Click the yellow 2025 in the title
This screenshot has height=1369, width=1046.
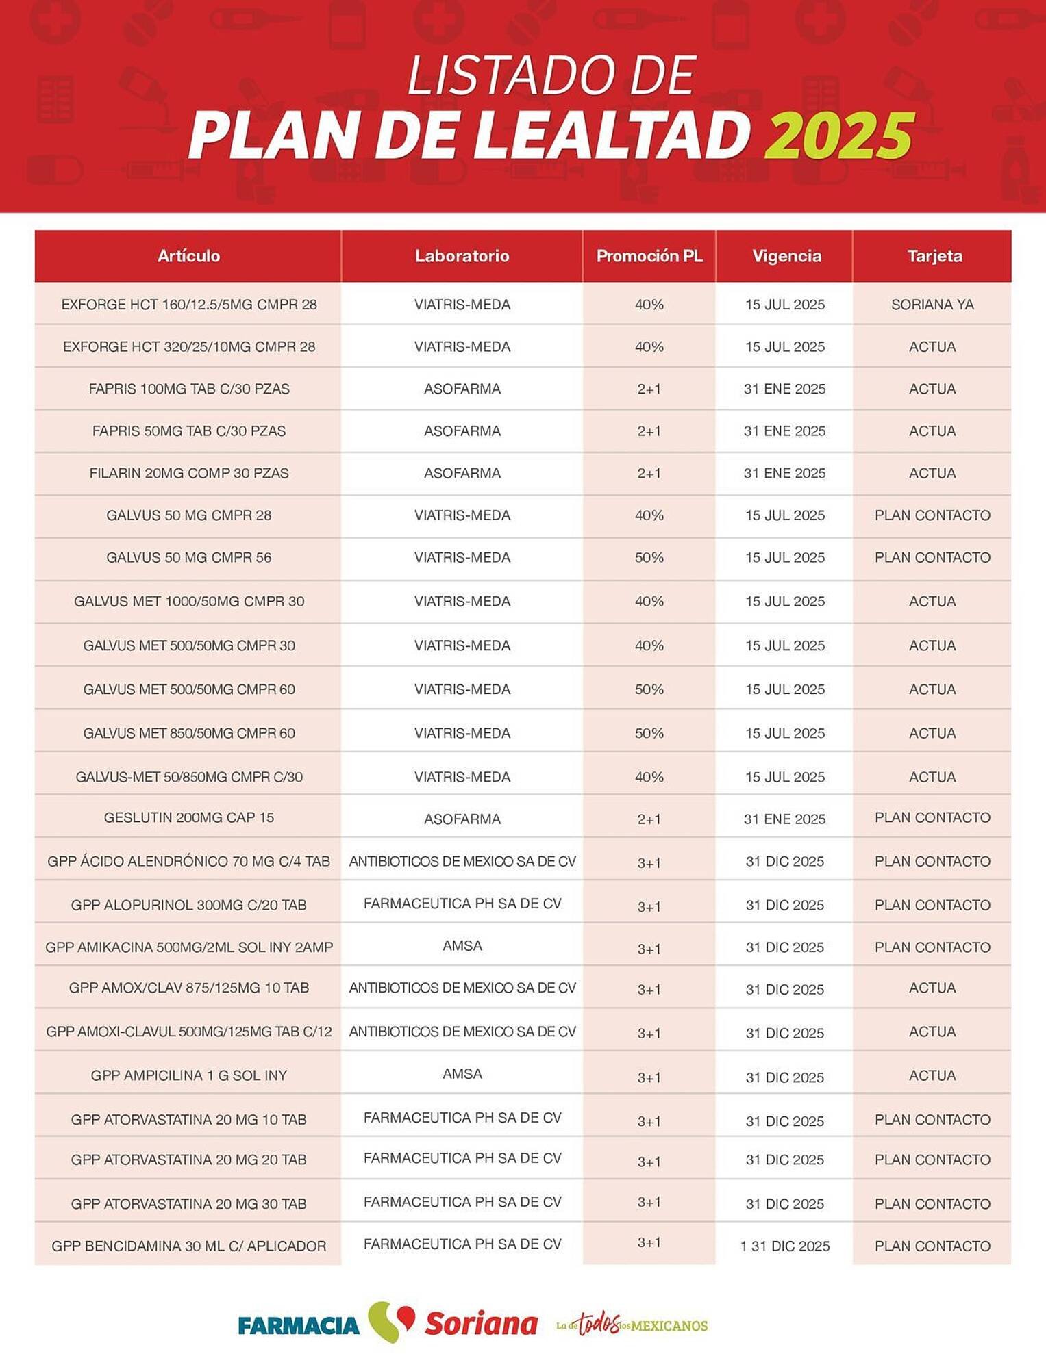838,135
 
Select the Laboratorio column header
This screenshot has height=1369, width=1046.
462,256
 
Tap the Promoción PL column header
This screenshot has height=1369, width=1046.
649,256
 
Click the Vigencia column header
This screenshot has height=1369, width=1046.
786,256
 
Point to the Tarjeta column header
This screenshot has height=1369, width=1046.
934,256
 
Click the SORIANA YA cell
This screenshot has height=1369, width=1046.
932,305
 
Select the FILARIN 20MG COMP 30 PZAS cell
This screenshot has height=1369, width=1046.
189,473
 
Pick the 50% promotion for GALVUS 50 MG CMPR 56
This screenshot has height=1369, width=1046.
649,557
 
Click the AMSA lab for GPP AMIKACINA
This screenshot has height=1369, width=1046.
462,945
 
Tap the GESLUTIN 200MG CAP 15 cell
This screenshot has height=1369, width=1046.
189,817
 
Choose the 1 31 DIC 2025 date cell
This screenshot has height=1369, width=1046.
785,1246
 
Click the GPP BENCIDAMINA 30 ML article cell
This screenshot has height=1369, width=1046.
189,1246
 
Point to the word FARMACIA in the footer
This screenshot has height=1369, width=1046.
299,1325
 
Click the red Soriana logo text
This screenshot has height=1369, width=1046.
481,1324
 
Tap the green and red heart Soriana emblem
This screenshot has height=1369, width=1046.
391,1321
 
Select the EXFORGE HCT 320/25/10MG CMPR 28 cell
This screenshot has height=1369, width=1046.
189,346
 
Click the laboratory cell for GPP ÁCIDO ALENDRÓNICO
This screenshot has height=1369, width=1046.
462,861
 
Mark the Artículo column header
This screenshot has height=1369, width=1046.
189,256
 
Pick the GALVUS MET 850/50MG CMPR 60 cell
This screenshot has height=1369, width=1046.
189,733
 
